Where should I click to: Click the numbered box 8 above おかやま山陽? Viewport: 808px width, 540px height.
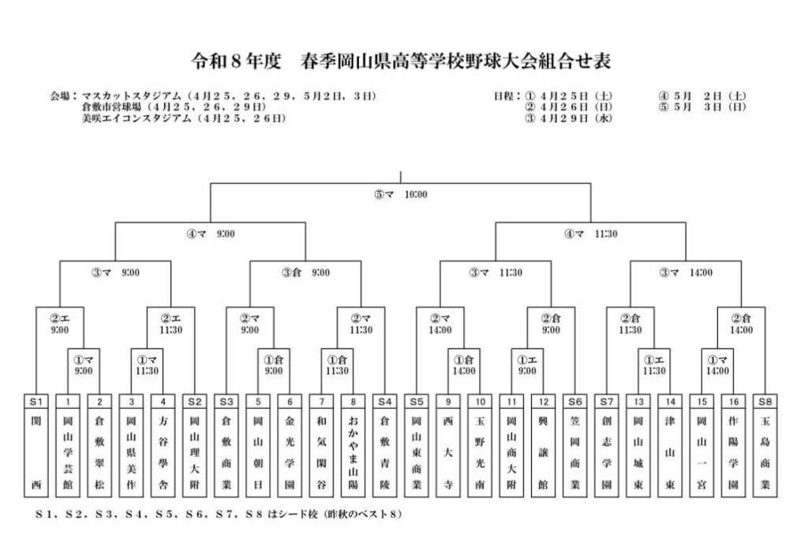353,400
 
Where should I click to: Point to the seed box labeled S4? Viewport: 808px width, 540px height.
385,400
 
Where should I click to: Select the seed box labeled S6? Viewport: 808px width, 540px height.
576,400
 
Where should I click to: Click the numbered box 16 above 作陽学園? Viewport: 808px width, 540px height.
735,400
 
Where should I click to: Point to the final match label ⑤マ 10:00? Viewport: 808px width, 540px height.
401,194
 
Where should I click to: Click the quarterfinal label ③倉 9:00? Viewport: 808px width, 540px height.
306,272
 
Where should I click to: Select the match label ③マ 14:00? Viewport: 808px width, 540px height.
686,272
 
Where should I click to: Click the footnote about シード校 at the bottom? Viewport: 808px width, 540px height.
219,515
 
